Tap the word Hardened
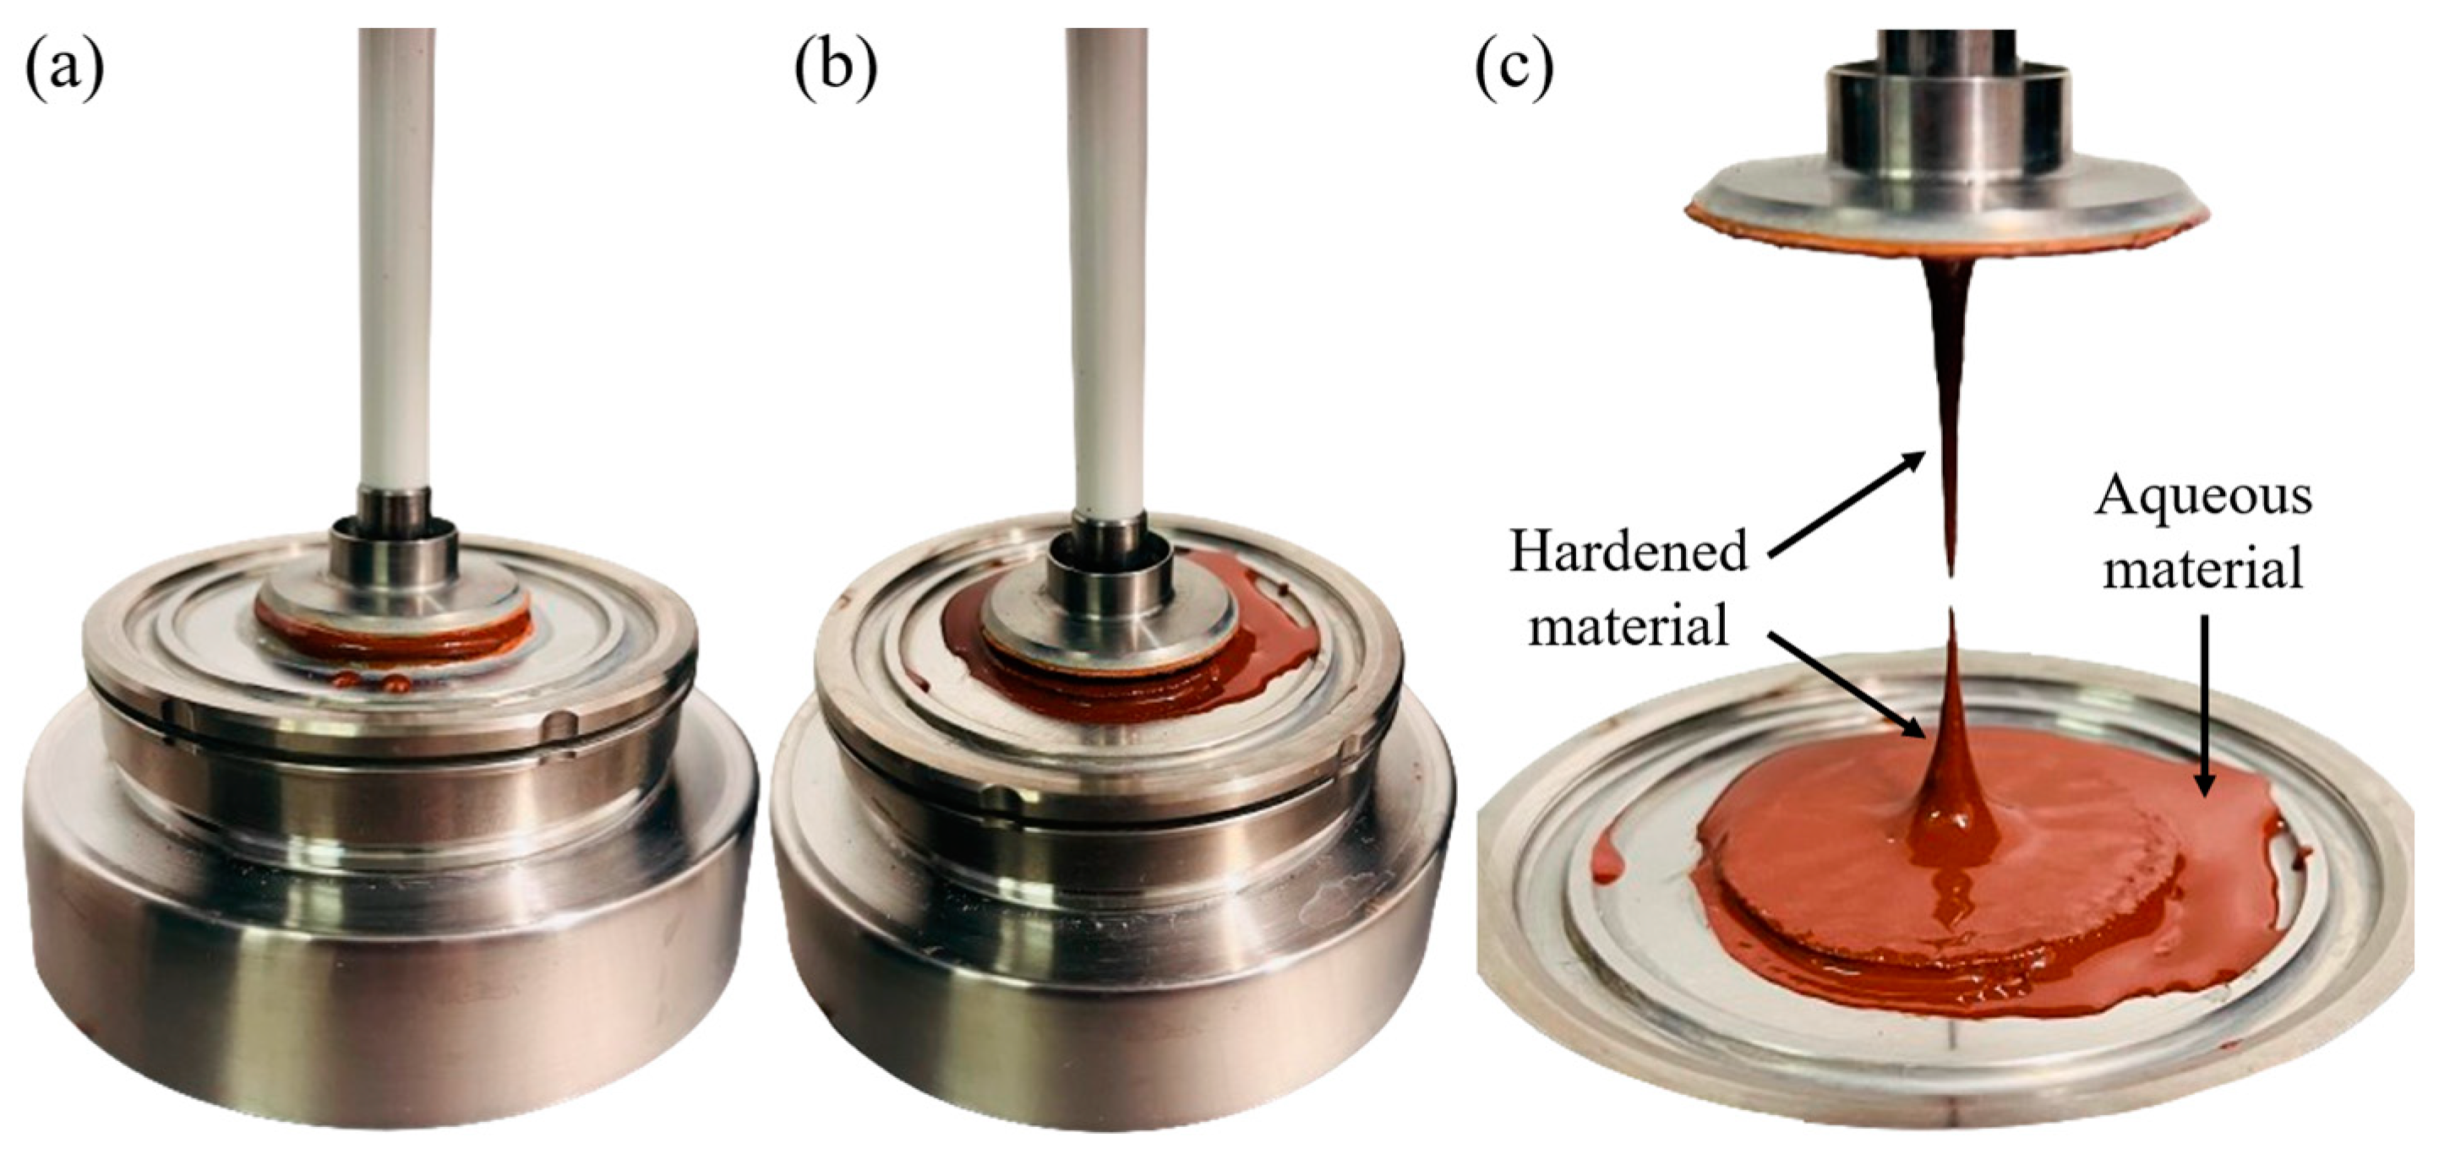click(x=1629, y=553)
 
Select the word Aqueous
click(x=2202, y=497)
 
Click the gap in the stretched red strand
click(x=1951, y=591)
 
